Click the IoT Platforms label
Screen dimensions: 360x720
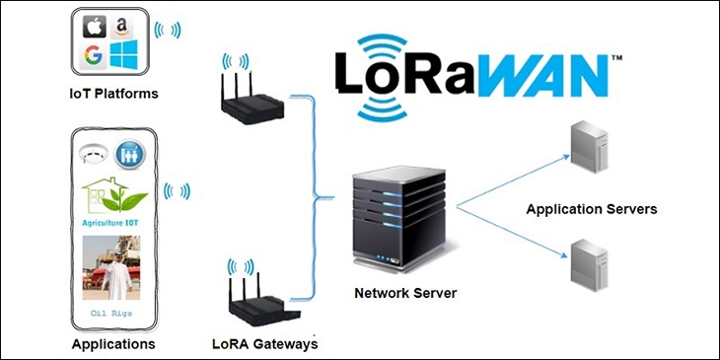click(113, 94)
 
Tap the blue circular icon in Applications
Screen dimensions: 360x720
click(129, 155)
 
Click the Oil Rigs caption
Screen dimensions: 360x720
click(112, 313)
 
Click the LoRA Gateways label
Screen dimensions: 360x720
click(265, 344)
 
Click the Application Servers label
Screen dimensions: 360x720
click(591, 209)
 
